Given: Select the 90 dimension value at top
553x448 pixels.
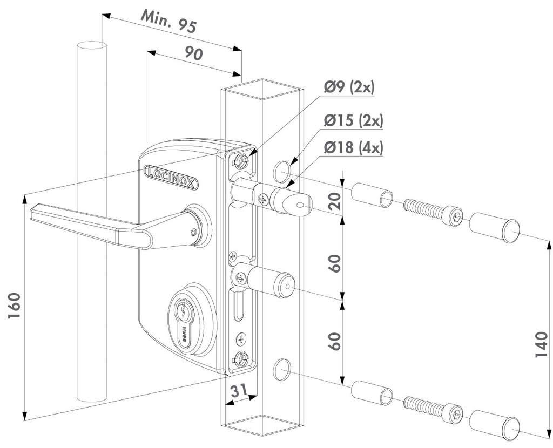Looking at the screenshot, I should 193,54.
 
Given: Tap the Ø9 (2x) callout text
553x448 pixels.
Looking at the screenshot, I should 349,87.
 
